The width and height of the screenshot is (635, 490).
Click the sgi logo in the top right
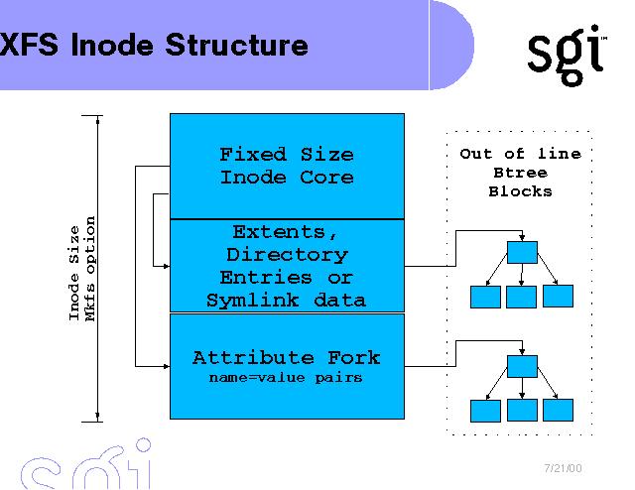[x=567, y=55]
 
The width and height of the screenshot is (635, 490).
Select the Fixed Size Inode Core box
[x=287, y=166]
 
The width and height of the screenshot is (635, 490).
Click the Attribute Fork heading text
[x=286, y=358]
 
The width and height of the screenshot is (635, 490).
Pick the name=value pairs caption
[x=286, y=378]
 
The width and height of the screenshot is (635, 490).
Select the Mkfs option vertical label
[x=91, y=268]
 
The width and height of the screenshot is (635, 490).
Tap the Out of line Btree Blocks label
[x=520, y=172]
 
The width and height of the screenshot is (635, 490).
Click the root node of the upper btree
[x=522, y=252]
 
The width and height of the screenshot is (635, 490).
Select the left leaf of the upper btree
[x=485, y=296]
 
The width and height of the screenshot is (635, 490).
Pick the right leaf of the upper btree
[x=559, y=296]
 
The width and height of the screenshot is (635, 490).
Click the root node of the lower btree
[x=522, y=365]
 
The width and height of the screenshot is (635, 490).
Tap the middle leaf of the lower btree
[x=522, y=409]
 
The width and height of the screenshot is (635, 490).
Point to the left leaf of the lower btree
[x=485, y=409]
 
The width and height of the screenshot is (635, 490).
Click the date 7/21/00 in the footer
[x=564, y=467]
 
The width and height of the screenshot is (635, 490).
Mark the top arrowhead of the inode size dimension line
[x=98, y=119]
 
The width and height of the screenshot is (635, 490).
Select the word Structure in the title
[x=236, y=45]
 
